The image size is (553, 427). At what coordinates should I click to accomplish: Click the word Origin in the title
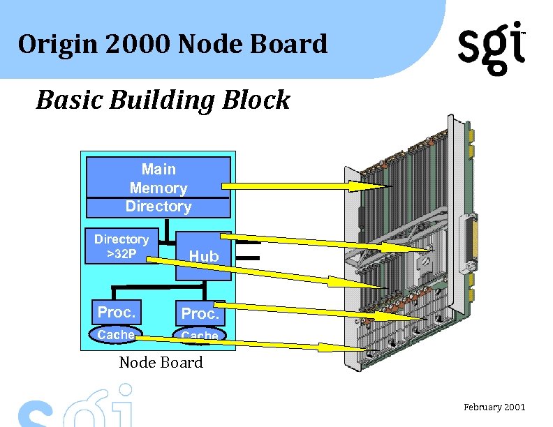50,44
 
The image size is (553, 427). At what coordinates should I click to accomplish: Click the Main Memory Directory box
158,187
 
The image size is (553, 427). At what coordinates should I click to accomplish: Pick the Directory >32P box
121,246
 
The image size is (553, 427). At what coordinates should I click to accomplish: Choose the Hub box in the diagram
203,256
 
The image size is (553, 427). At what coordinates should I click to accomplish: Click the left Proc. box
116,311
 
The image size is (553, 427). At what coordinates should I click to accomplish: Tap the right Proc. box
200,314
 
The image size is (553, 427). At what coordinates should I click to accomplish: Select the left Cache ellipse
115,335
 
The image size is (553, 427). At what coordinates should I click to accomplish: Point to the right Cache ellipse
200,336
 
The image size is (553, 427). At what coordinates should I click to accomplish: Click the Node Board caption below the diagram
161,362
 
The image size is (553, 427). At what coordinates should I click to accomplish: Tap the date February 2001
494,407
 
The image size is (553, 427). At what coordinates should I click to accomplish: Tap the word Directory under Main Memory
158,207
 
